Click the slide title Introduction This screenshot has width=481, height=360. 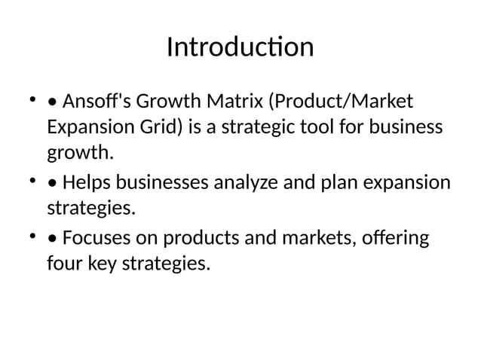240,47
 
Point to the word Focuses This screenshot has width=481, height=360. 95,239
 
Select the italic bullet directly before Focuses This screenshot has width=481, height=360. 51,239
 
